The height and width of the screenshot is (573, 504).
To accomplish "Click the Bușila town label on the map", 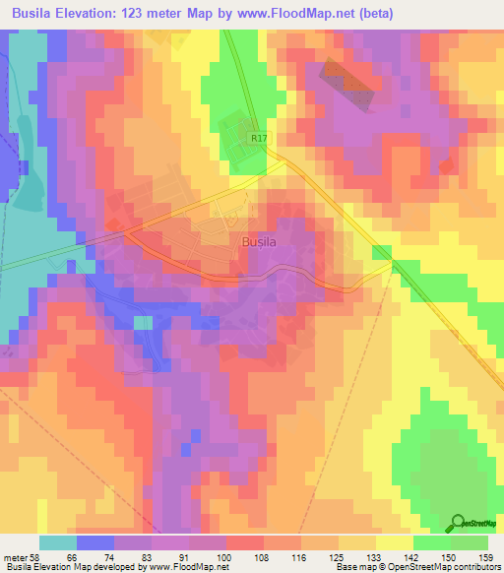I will pos(259,240).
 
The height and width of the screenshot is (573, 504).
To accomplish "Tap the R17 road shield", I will pos(259,140).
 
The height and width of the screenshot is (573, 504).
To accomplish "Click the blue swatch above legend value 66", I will pos(95,542).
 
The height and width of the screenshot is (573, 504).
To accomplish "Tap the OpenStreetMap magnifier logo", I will pos(458,523).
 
